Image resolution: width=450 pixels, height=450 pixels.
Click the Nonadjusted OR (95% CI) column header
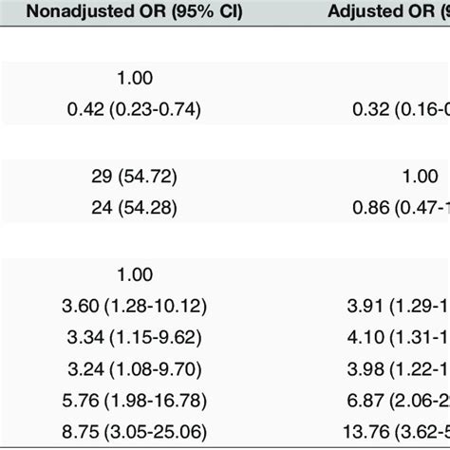(x=135, y=14)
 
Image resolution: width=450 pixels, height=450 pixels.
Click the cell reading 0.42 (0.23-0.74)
(x=135, y=109)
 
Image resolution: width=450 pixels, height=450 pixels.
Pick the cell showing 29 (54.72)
(x=135, y=177)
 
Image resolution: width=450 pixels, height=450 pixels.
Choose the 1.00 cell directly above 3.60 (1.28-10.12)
(x=135, y=274)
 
